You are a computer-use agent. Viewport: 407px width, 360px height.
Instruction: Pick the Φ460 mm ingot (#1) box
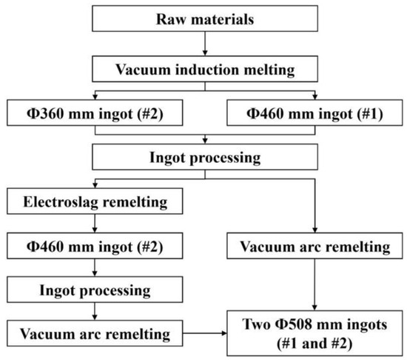tap(314, 115)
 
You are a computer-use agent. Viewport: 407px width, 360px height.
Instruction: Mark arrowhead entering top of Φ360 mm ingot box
tap(95, 98)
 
